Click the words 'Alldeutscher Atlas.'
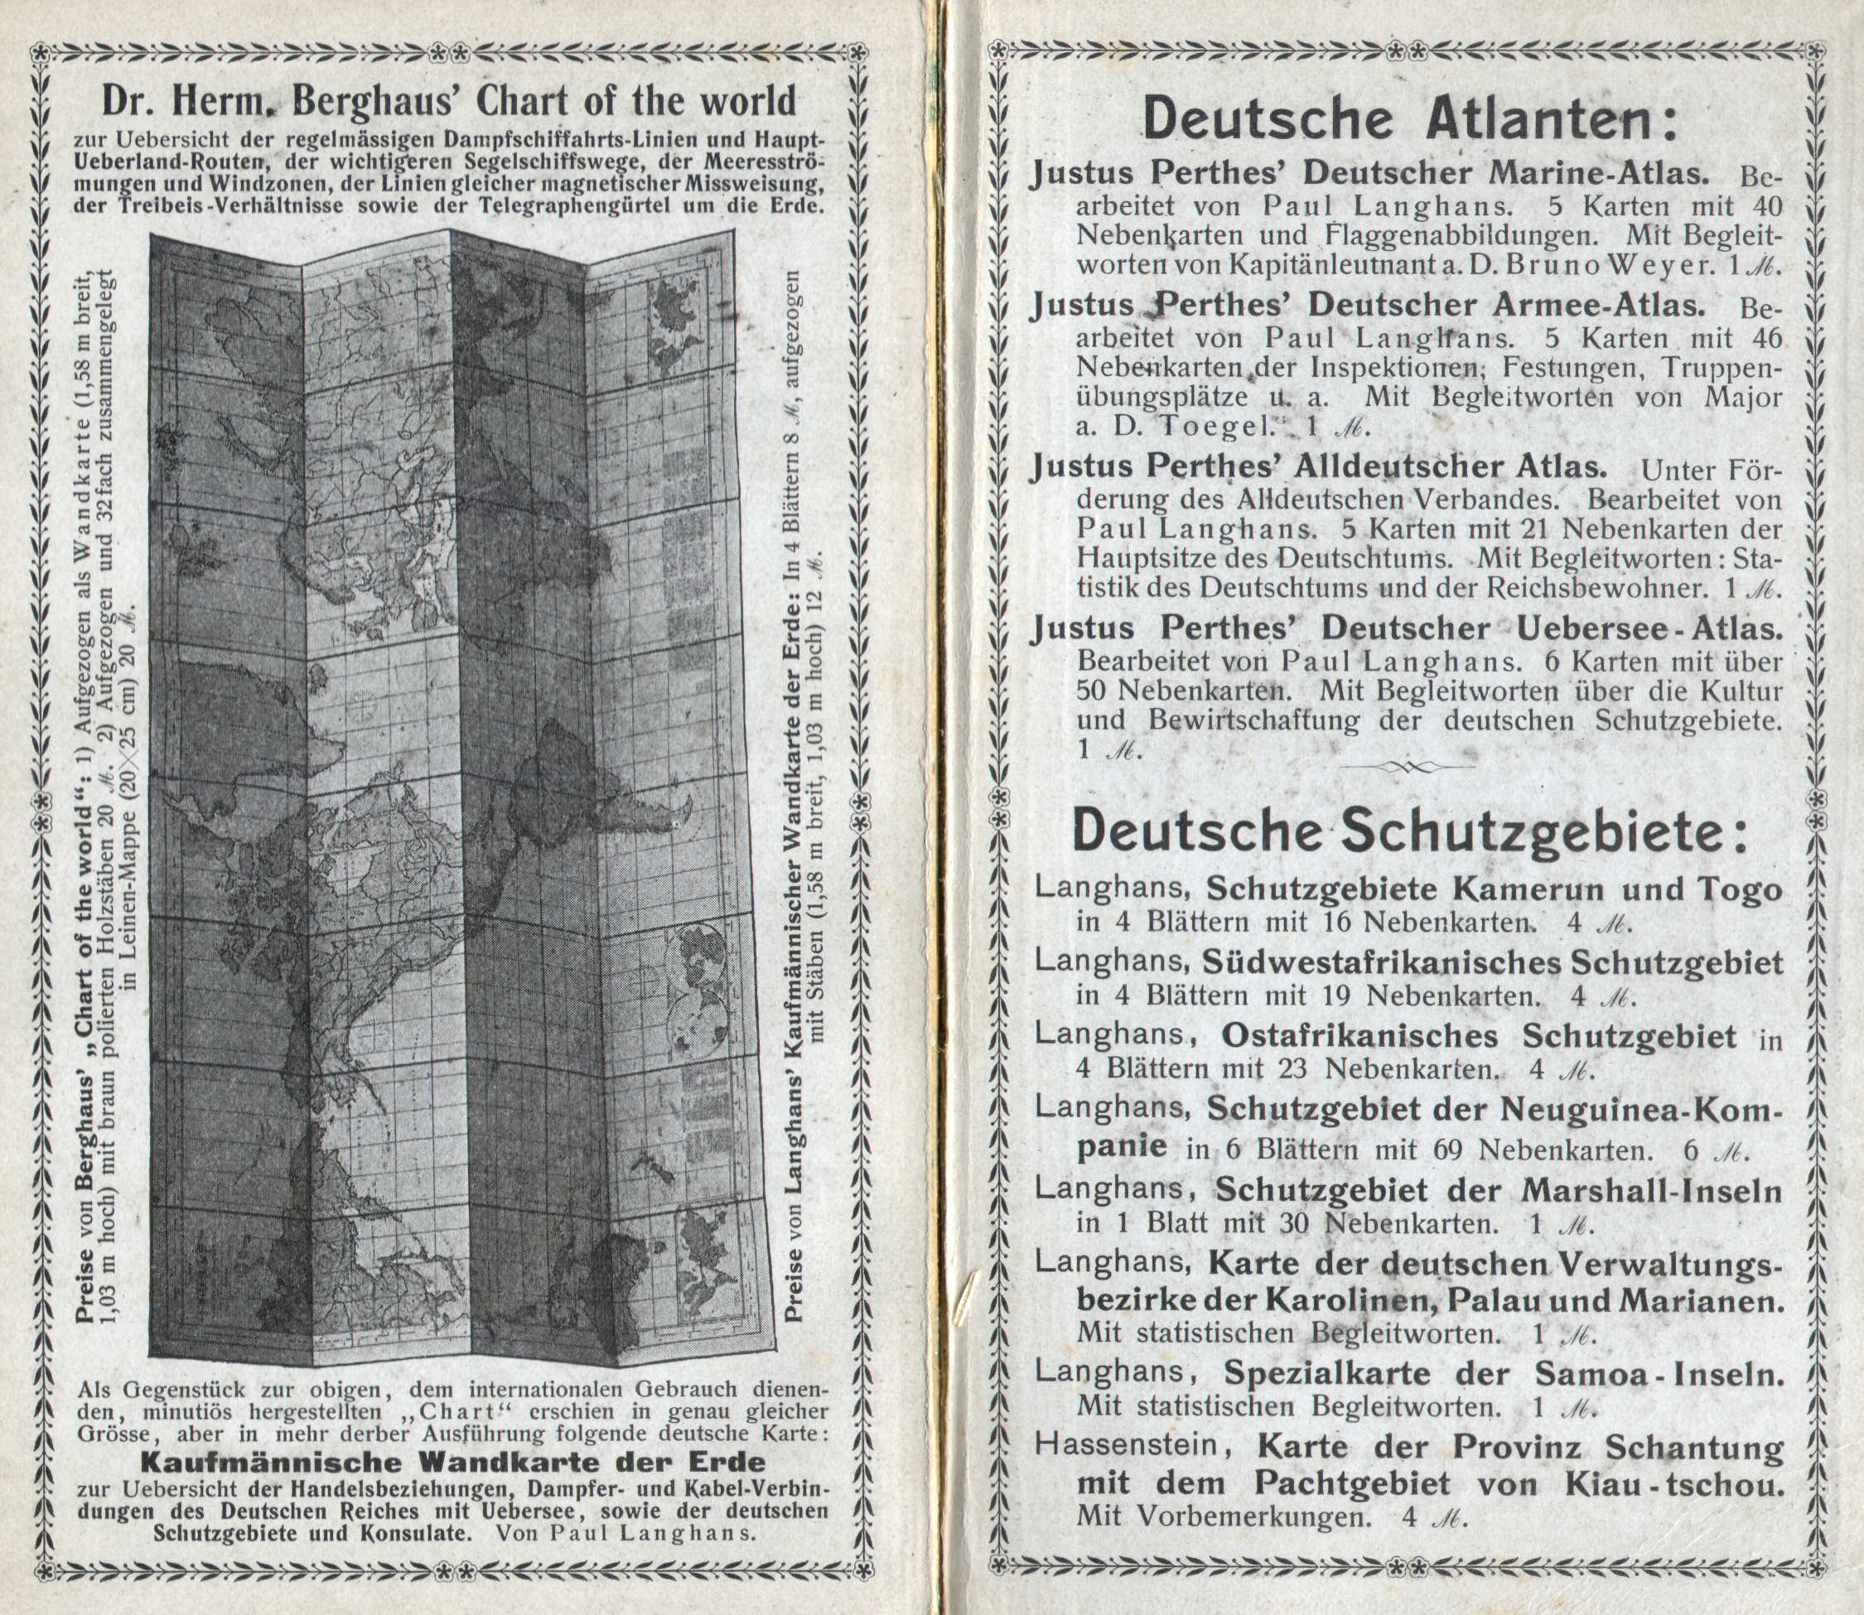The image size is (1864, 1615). [1451, 467]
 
